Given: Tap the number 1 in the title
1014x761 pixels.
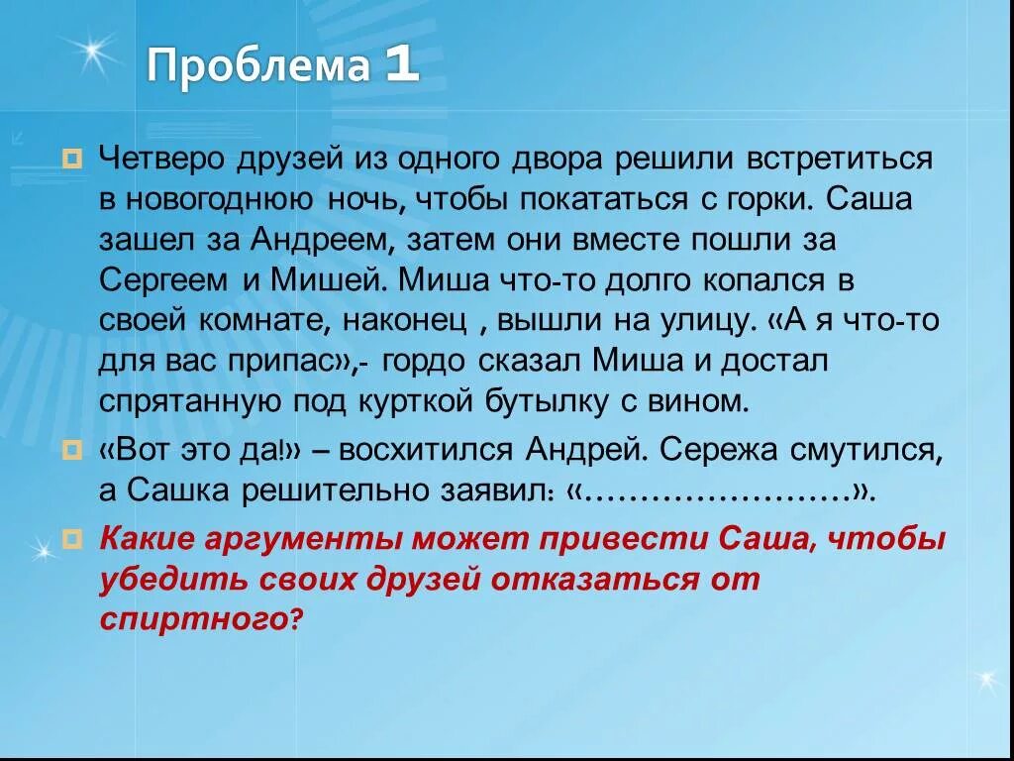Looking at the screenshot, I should (x=402, y=67).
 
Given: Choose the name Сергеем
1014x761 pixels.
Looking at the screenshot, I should (x=164, y=280).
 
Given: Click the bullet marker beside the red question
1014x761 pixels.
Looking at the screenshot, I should (x=72, y=541).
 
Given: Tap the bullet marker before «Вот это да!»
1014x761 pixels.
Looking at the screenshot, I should (x=72, y=452).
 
